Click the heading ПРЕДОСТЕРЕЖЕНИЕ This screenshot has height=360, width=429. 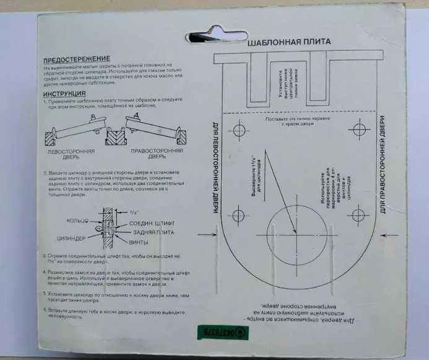(x=77, y=57)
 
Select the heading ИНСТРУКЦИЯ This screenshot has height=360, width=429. (x=65, y=93)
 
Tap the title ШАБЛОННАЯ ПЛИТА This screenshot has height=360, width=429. (x=288, y=42)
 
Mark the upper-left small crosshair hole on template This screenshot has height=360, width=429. (x=238, y=131)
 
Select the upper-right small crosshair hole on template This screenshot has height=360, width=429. (x=357, y=130)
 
